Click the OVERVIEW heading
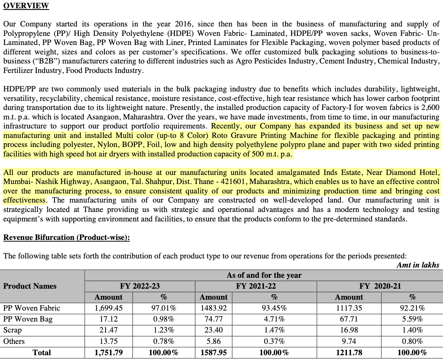26,6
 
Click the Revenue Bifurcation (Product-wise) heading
67,237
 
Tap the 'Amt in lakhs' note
418,265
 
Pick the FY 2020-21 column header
380,286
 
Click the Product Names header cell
30,286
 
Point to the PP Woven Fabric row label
32,308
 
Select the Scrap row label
12,330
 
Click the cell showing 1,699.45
108,308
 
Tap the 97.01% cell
164,308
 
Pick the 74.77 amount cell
214,319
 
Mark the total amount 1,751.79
108,353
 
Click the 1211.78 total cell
349,353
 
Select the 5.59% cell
412,319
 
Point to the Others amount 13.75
108,341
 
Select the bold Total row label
42,353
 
